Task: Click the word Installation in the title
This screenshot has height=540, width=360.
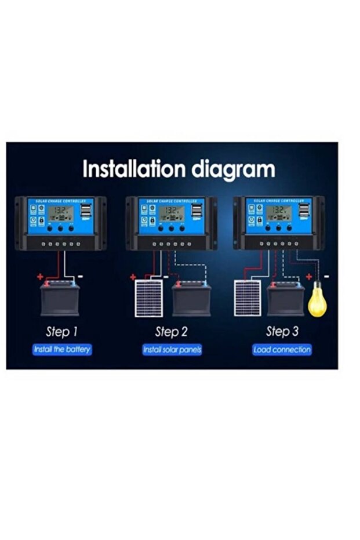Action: (134, 169)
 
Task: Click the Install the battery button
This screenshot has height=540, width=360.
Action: (62, 350)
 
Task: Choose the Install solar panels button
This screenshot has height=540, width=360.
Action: (172, 350)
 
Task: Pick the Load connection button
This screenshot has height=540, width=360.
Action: (282, 350)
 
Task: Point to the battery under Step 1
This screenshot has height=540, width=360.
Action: (60, 299)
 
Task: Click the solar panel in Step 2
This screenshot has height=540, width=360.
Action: (150, 299)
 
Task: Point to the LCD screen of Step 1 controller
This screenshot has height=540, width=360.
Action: (61, 213)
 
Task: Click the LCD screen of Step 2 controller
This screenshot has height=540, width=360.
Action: (172, 213)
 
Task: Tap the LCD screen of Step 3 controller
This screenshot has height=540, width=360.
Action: (279, 212)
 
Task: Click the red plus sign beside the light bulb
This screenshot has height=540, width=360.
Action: (309, 277)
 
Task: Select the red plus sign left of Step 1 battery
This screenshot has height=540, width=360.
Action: (40, 277)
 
